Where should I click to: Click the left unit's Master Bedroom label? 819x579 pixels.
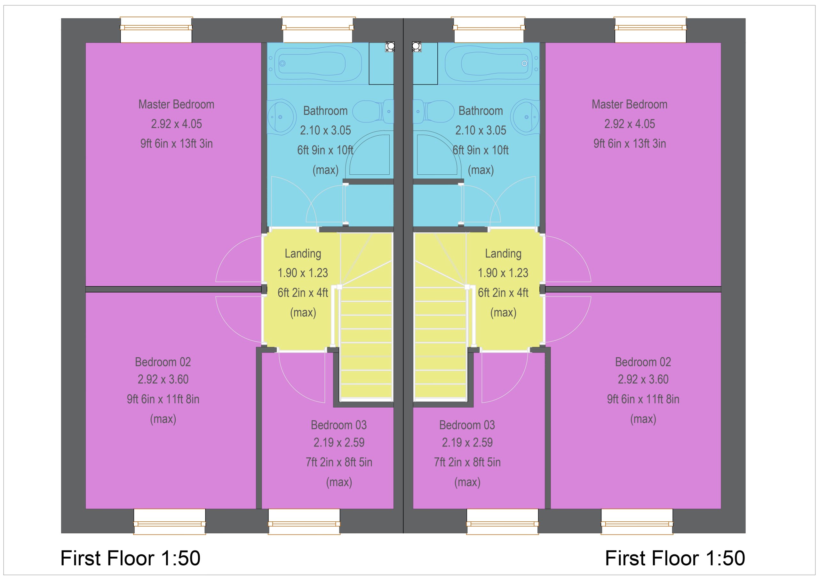point(176,105)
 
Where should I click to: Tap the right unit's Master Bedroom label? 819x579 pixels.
point(630,105)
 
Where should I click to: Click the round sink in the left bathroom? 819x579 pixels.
point(282,116)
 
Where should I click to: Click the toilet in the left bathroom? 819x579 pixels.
point(373,111)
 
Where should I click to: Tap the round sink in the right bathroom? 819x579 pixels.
point(525,116)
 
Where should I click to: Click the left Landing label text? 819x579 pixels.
point(303,254)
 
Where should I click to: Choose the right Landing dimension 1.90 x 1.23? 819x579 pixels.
point(503,273)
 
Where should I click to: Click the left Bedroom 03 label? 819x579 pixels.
point(338,425)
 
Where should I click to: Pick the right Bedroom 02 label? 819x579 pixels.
point(643,362)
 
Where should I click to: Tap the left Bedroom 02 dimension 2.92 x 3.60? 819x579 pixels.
point(163,379)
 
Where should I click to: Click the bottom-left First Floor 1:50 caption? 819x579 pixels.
point(130,558)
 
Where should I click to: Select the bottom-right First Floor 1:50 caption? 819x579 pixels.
point(675,558)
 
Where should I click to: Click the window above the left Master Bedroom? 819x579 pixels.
point(156,30)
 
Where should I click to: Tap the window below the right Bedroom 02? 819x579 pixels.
point(637,521)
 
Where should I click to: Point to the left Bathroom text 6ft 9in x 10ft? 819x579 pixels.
point(325,150)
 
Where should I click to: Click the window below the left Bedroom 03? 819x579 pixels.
point(304,521)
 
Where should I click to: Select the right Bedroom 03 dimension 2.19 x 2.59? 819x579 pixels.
point(467,443)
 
